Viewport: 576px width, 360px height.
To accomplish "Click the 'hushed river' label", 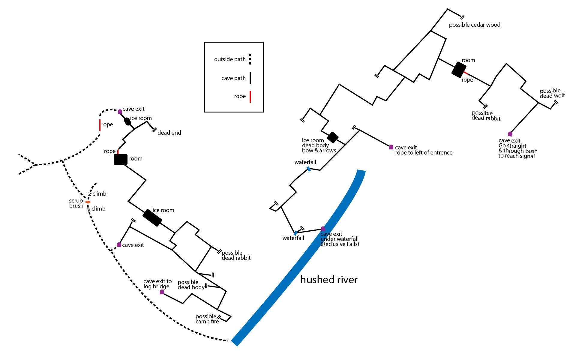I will coord(329,280).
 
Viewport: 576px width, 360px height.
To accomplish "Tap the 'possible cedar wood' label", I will coord(474,25).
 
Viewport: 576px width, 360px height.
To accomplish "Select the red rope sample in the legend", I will coord(250,97).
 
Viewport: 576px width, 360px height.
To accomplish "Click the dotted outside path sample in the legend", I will coord(250,59).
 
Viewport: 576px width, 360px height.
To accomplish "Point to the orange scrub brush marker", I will coord(88,202).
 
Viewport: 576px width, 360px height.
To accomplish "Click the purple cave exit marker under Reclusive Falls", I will coord(323,229).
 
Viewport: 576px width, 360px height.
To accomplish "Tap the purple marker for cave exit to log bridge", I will coord(162,292).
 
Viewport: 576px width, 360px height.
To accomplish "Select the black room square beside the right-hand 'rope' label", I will coord(459,70).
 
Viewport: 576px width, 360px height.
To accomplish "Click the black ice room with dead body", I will coord(333,137).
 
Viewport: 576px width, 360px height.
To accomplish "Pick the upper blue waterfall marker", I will coord(309,169).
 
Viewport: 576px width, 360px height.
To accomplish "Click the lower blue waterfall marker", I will coord(295,233).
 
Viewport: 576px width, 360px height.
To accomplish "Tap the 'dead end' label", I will coord(169,133).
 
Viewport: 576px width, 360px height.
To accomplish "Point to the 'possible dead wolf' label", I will coord(552,93).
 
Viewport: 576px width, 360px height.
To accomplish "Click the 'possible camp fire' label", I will coord(207,319).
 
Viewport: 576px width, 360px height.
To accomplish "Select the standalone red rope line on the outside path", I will coord(100,125).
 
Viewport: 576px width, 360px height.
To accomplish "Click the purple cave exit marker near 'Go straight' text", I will coord(510,134).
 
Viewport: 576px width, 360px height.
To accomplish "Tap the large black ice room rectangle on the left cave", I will coord(152,218).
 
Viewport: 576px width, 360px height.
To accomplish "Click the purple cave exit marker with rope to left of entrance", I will coord(391,147).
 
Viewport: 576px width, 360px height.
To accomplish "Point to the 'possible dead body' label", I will coord(191,285).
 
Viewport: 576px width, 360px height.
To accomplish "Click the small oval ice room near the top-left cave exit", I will coord(127,121).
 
